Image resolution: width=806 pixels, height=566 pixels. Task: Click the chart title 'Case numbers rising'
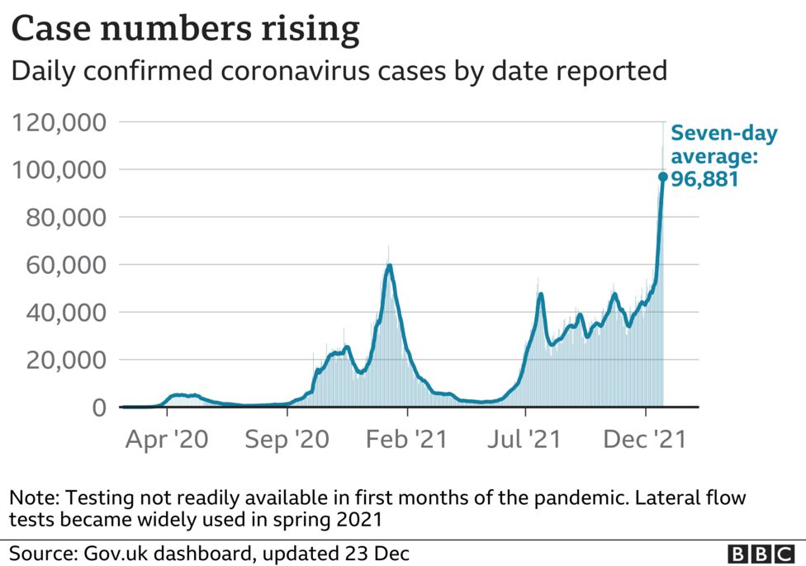pyautogui.click(x=185, y=31)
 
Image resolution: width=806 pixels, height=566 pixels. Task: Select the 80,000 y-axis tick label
pyautogui.click(x=60, y=218)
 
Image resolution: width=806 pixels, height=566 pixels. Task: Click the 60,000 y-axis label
pyautogui.click(x=60, y=265)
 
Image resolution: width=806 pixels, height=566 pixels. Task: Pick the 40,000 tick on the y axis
pyautogui.click(x=60, y=313)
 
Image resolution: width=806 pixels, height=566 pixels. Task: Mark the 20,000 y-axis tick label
pyautogui.click(x=60, y=361)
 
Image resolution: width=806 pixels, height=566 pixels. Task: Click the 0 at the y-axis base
pyautogui.click(x=99, y=408)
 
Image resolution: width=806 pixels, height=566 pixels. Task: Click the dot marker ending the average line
pyautogui.click(x=662, y=177)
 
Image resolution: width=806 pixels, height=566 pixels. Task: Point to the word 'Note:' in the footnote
pyautogui.click(x=34, y=498)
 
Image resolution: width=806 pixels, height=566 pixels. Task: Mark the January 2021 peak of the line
pyautogui.click(x=389, y=265)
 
